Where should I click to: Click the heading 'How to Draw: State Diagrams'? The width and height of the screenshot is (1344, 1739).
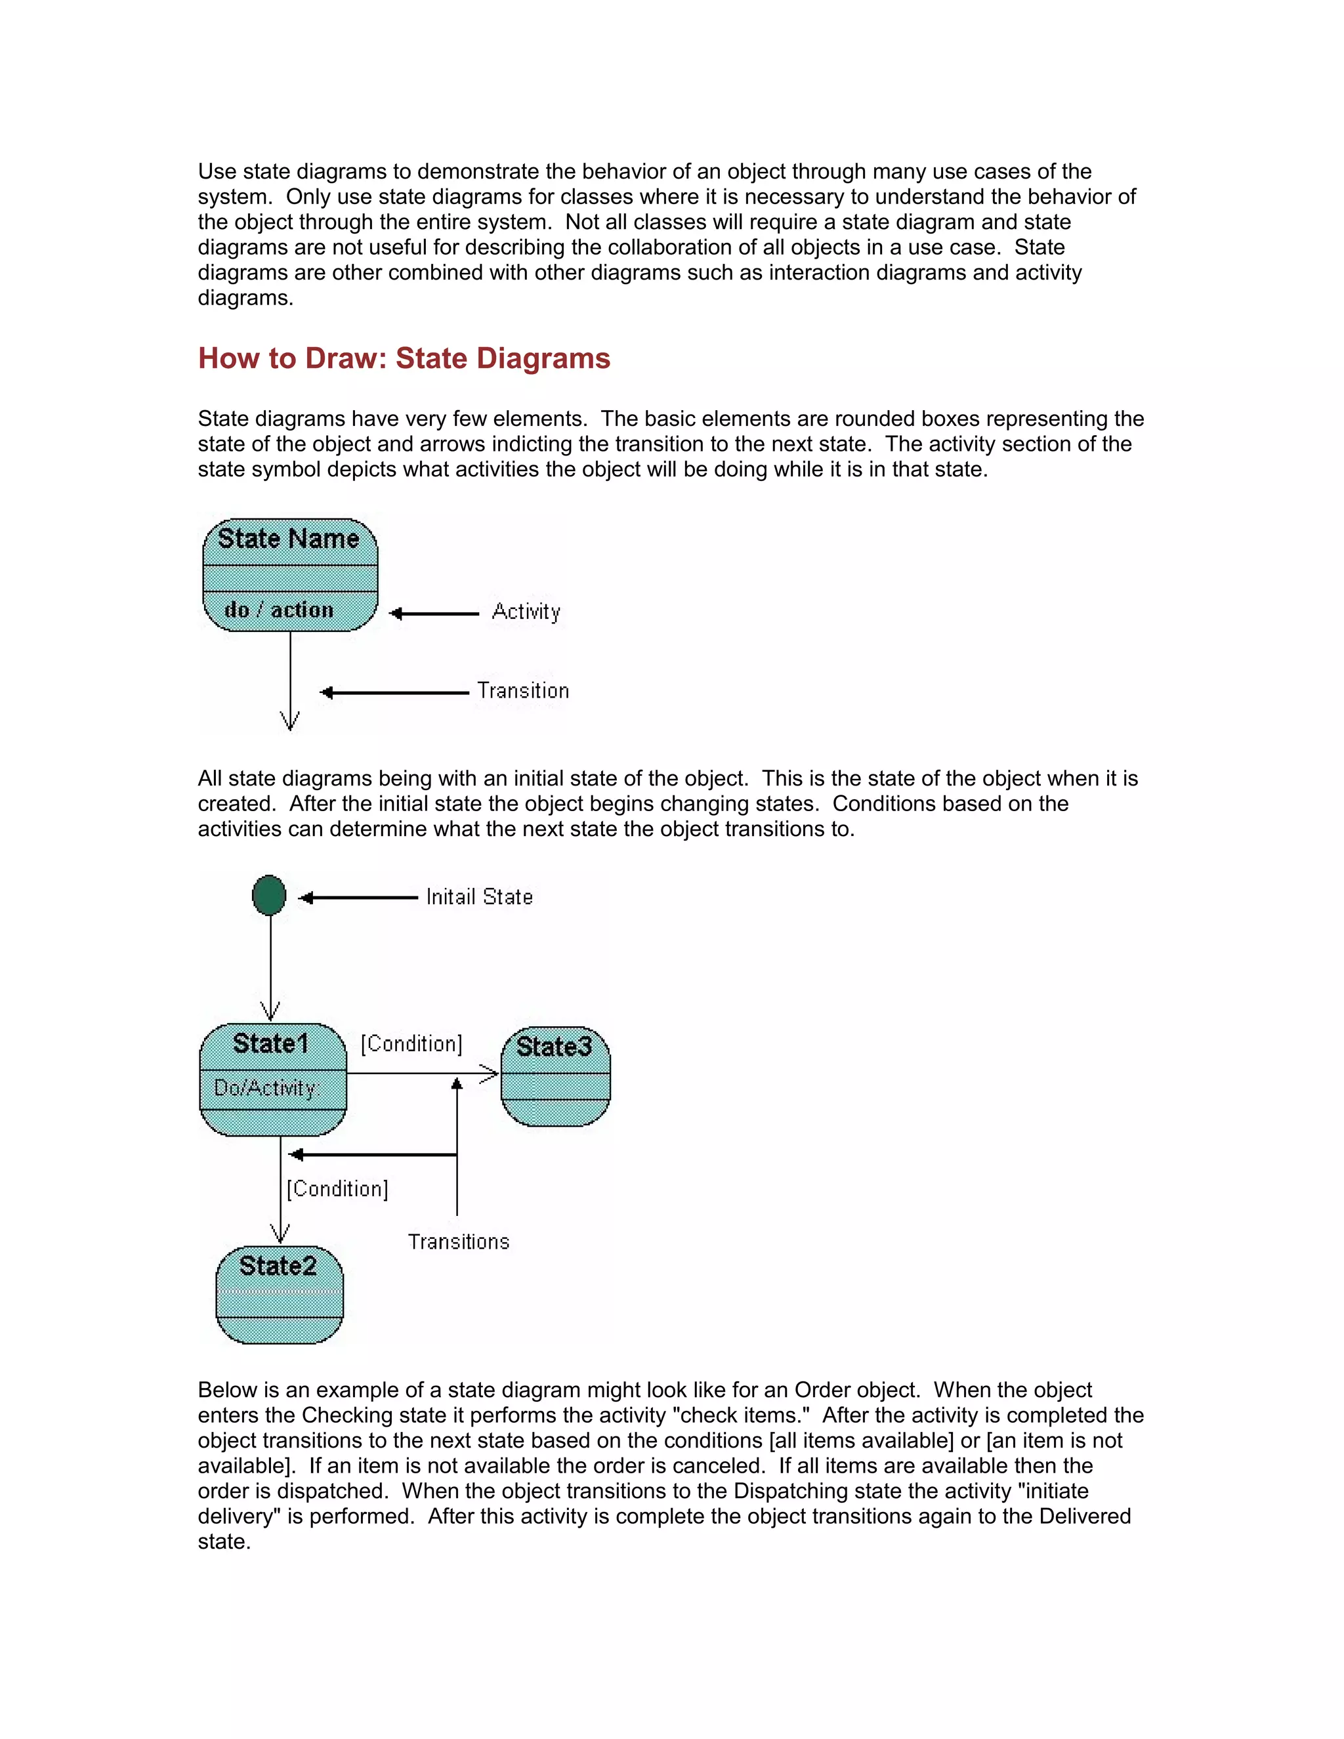404,358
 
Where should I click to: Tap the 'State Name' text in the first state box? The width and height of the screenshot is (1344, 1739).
288,539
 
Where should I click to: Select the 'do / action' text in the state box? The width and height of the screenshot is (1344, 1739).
279,610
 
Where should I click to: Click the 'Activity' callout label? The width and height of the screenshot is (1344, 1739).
526,612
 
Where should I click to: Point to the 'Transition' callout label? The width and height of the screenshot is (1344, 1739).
522,690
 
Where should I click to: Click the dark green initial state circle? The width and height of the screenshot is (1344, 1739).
269,895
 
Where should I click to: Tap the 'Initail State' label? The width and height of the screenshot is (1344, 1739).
478,897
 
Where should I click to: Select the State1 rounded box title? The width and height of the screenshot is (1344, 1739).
271,1044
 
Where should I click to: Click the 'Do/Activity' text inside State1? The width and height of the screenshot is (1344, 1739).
266,1087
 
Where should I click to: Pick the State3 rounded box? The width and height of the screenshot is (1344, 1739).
555,1076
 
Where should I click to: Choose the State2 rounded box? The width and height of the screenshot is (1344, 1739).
279,1294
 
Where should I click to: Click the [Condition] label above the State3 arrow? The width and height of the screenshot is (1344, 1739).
411,1044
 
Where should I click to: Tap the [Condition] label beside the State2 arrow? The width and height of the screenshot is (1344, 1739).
337,1189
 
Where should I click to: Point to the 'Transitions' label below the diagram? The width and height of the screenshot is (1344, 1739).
458,1242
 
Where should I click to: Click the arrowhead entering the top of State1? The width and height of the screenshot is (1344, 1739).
271,1013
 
